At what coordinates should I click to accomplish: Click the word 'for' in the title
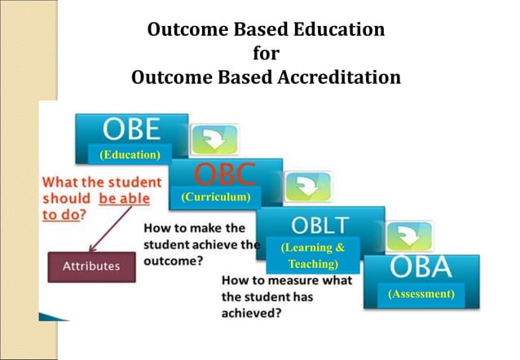coord(266,55)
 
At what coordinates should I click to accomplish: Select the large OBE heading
coord(130,130)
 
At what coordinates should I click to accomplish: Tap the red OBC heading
coord(224,174)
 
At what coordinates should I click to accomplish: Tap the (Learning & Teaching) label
coord(312,255)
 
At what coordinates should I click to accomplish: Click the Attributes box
coord(91,266)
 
